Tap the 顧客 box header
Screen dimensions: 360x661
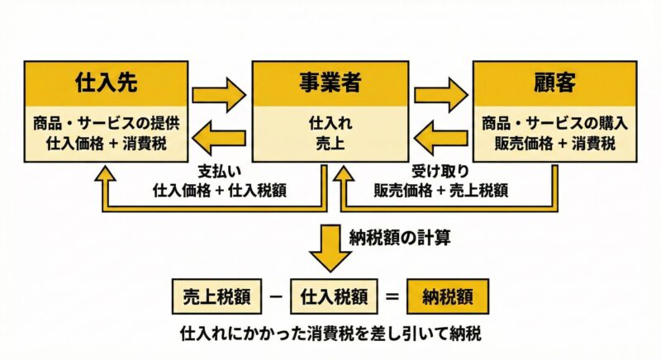click(554, 83)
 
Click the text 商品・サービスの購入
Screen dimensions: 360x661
click(555, 124)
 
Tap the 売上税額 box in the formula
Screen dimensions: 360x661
click(210, 296)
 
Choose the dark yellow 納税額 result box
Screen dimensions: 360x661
click(451, 296)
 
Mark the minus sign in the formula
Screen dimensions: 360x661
click(270, 296)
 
